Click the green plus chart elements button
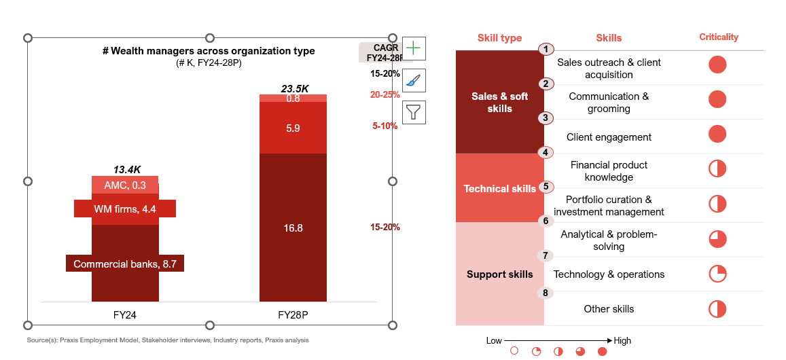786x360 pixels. click(414, 49)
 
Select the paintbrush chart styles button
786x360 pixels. click(414, 80)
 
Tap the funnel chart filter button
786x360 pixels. click(414, 111)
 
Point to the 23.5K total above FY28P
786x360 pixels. click(295, 88)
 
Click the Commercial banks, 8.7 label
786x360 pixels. click(125, 264)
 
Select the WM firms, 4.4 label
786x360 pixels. click(125, 209)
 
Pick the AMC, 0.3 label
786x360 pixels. click(125, 185)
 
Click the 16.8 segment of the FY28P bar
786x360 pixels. click(293, 228)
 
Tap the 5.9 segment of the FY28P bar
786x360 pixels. click(293, 127)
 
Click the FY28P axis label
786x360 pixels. click(293, 315)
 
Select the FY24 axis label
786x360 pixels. click(126, 315)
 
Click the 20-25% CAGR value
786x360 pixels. click(385, 95)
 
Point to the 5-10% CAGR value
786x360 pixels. click(385, 126)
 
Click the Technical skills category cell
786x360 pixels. click(500, 189)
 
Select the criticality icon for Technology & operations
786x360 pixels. click(718, 274)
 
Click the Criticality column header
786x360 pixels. click(719, 37)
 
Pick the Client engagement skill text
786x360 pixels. click(609, 137)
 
